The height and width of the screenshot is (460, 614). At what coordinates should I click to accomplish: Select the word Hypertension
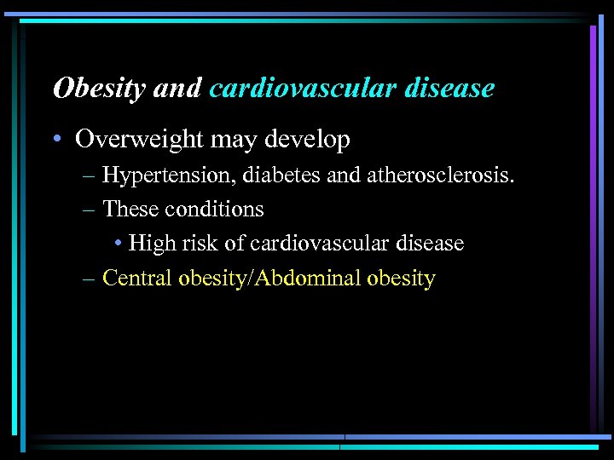pos(169,175)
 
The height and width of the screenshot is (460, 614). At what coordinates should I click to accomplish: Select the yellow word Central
pos(137,278)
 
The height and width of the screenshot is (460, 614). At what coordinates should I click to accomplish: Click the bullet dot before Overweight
pos(61,140)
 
